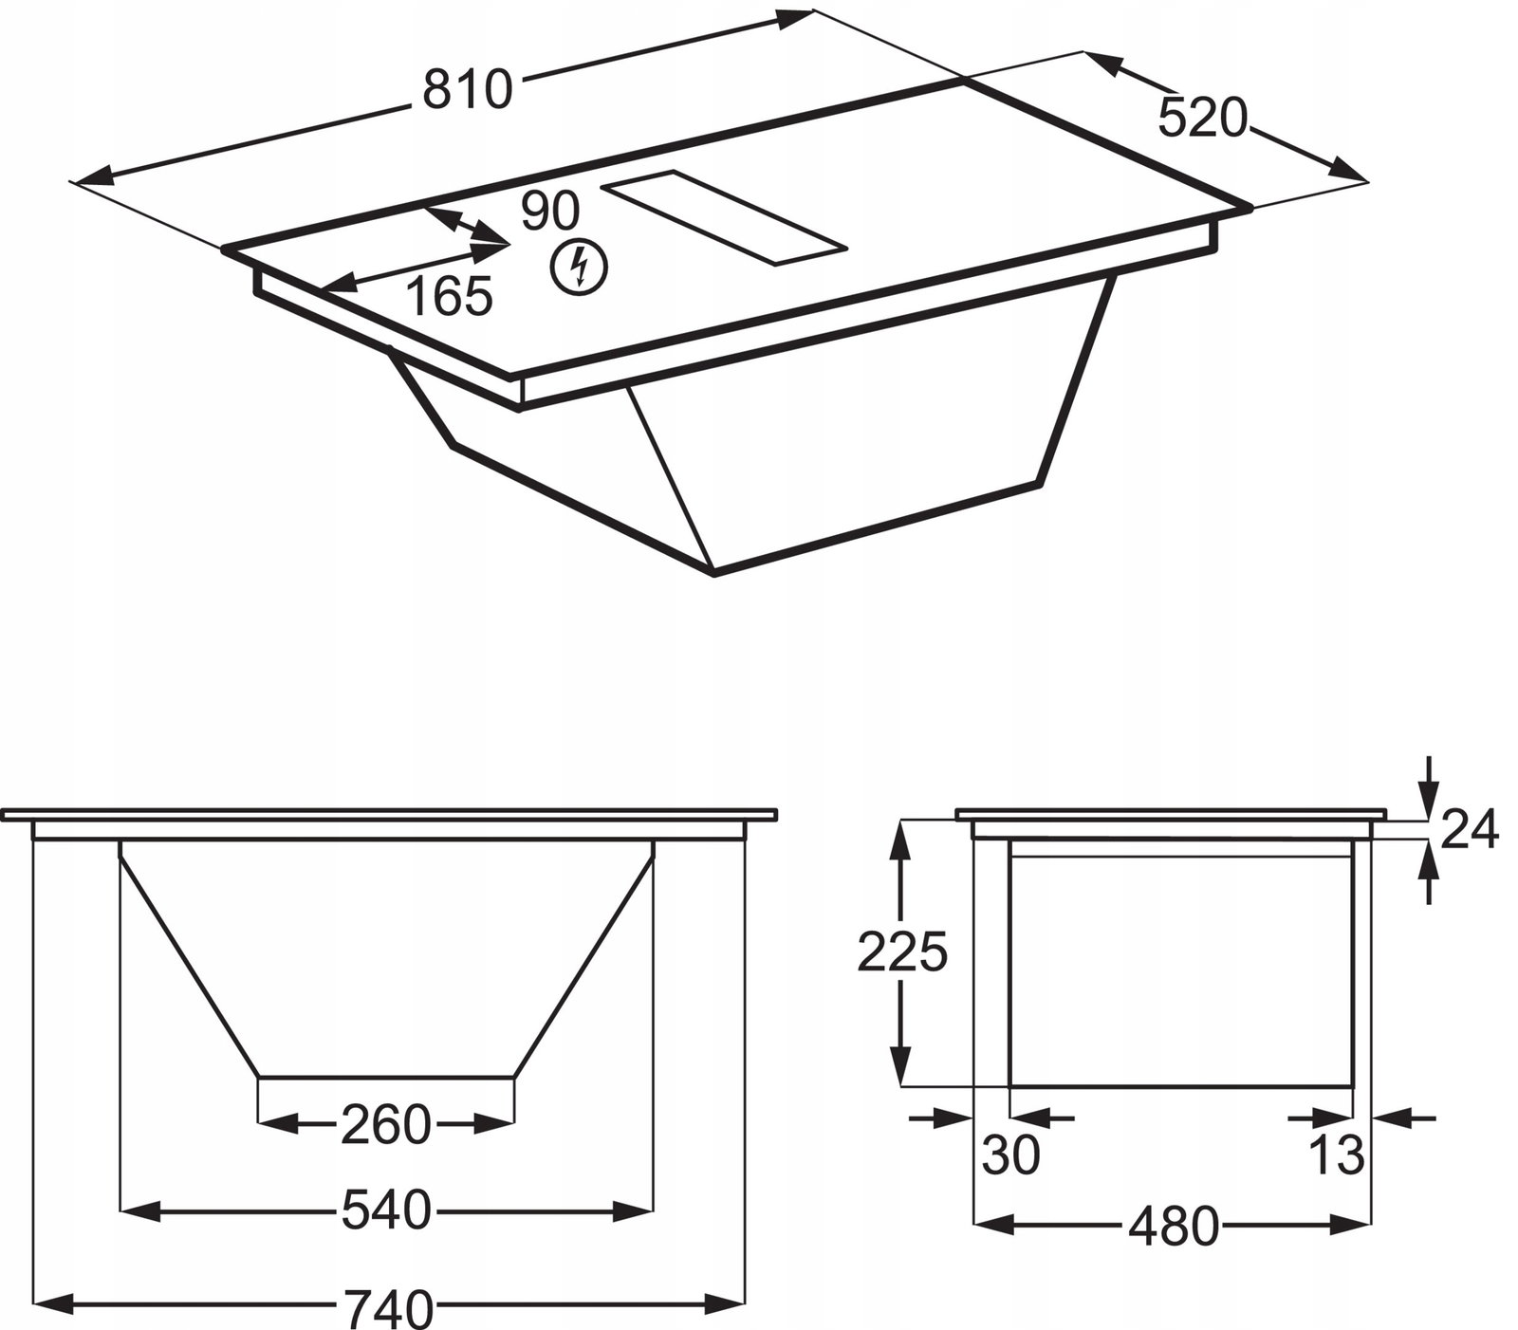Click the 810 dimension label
[x=467, y=90]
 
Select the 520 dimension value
[x=1201, y=119]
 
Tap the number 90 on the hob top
[x=550, y=211]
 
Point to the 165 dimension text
[x=450, y=296]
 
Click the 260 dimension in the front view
[x=385, y=1125]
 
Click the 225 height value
[x=902, y=951]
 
